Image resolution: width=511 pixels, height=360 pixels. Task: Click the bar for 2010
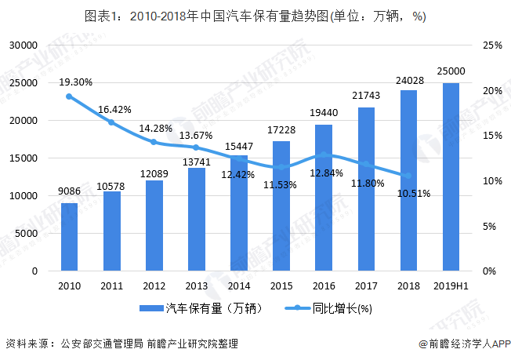[69, 237]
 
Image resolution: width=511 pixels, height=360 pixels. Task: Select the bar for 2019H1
[451, 177]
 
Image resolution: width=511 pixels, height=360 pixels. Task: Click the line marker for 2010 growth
[69, 96]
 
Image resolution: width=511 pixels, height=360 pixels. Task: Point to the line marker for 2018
[408, 176]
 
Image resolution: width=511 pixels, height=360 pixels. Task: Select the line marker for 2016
[323, 155]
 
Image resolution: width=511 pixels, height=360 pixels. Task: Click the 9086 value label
[69, 191]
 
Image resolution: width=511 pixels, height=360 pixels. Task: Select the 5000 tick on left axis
[27, 234]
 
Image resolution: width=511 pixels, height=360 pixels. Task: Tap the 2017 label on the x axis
[366, 285]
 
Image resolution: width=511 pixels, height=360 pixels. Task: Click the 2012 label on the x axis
[154, 285]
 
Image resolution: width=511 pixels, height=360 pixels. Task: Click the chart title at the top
[255, 17]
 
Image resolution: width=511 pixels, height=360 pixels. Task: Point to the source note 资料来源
[121, 344]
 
